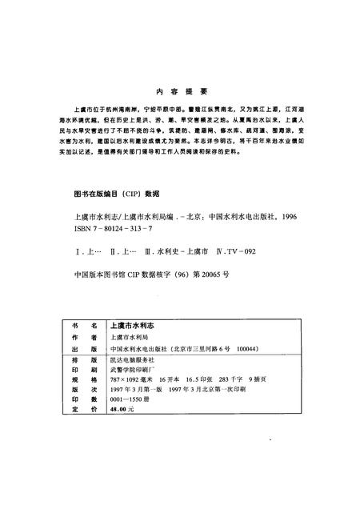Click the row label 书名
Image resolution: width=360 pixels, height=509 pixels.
(83, 327)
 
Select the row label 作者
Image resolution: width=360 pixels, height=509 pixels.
(83, 339)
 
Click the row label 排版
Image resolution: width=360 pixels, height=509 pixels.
(83, 361)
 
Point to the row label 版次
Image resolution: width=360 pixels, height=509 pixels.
(83, 391)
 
